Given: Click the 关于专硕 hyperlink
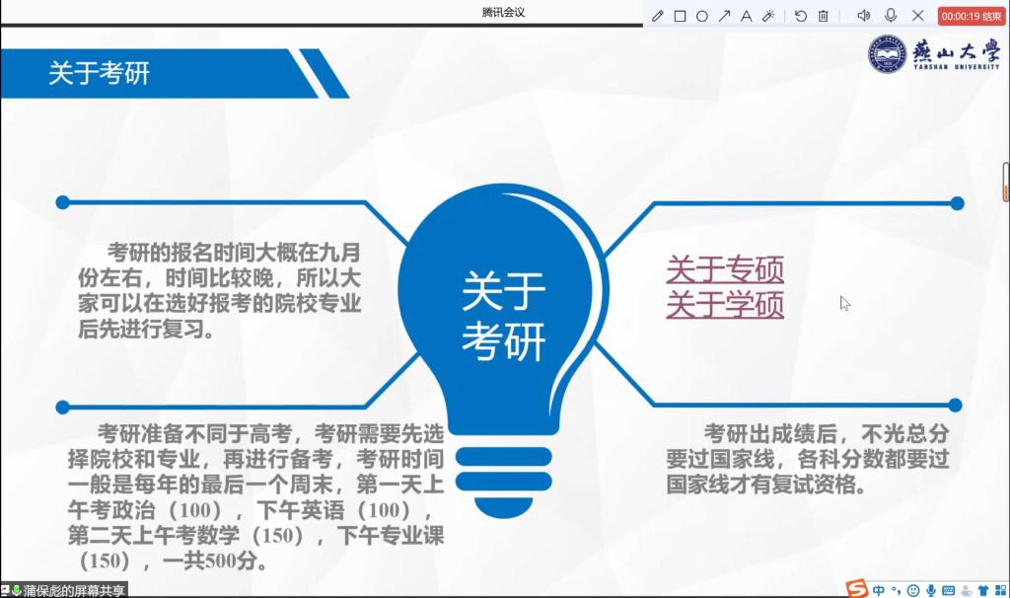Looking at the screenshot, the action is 725,269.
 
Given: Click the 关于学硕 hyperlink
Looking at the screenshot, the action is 725,304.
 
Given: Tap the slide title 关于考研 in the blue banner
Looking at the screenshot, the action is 100,73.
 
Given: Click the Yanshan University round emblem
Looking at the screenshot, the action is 887,53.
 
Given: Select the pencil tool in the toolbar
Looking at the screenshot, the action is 657,16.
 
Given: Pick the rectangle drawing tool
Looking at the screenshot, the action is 680,16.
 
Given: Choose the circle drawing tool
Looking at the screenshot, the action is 702,16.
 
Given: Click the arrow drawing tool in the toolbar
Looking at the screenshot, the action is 725,16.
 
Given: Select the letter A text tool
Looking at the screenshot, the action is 746,16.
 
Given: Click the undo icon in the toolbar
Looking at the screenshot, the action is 801,16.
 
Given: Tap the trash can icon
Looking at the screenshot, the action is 824,16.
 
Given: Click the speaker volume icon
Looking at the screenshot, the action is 864,16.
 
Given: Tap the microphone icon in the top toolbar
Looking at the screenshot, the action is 891,15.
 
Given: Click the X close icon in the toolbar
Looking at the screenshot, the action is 918,16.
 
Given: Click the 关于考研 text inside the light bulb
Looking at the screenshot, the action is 504,316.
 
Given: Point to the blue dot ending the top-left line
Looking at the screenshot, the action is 62,202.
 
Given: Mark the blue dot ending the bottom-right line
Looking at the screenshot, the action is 955,406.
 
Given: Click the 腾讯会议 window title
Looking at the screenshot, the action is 503,12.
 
